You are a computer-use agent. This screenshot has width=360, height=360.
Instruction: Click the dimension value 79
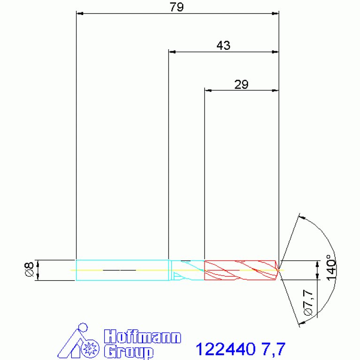[176, 7]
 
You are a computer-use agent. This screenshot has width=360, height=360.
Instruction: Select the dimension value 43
[223, 46]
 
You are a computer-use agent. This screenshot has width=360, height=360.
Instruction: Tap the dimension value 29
[241, 84]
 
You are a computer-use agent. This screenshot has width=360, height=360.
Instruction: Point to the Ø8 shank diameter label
[29, 269]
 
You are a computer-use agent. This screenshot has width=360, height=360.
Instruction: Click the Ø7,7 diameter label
[308, 303]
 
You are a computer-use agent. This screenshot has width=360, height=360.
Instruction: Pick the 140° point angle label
[331, 268]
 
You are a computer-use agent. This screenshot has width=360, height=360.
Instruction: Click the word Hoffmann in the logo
[142, 337]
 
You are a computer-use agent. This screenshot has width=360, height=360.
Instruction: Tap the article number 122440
[225, 349]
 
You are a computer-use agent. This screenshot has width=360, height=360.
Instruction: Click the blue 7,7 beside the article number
[273, 349]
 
